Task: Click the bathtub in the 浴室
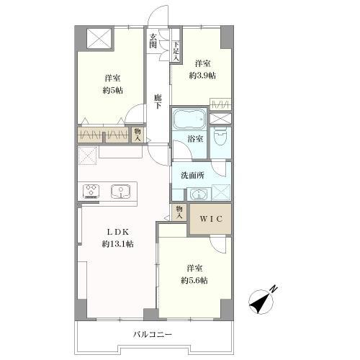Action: coord(189,119)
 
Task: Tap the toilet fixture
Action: coord(220,137)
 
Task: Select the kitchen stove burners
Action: coord(91,191)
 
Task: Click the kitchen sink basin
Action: coord(121,192)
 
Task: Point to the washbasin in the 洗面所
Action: coord(199,194)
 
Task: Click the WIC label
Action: coord(211,219)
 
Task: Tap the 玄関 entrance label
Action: coord(153,41)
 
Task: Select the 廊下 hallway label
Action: coord(158,102)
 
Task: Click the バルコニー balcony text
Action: coord(153,334)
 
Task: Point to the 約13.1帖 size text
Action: coord(118,244)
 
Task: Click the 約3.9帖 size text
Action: coord(202,76)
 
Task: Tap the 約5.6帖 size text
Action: coord(194,280)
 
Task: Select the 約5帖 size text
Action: coord(113,90)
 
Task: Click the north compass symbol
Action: coord(261,302)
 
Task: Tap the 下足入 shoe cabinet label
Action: coord(176,51)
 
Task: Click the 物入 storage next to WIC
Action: coord(179,212)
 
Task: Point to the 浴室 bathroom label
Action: coord(195,138)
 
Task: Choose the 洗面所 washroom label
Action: coord(192,176)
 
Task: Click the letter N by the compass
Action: coord(274,289)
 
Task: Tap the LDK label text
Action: coord(118,232)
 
